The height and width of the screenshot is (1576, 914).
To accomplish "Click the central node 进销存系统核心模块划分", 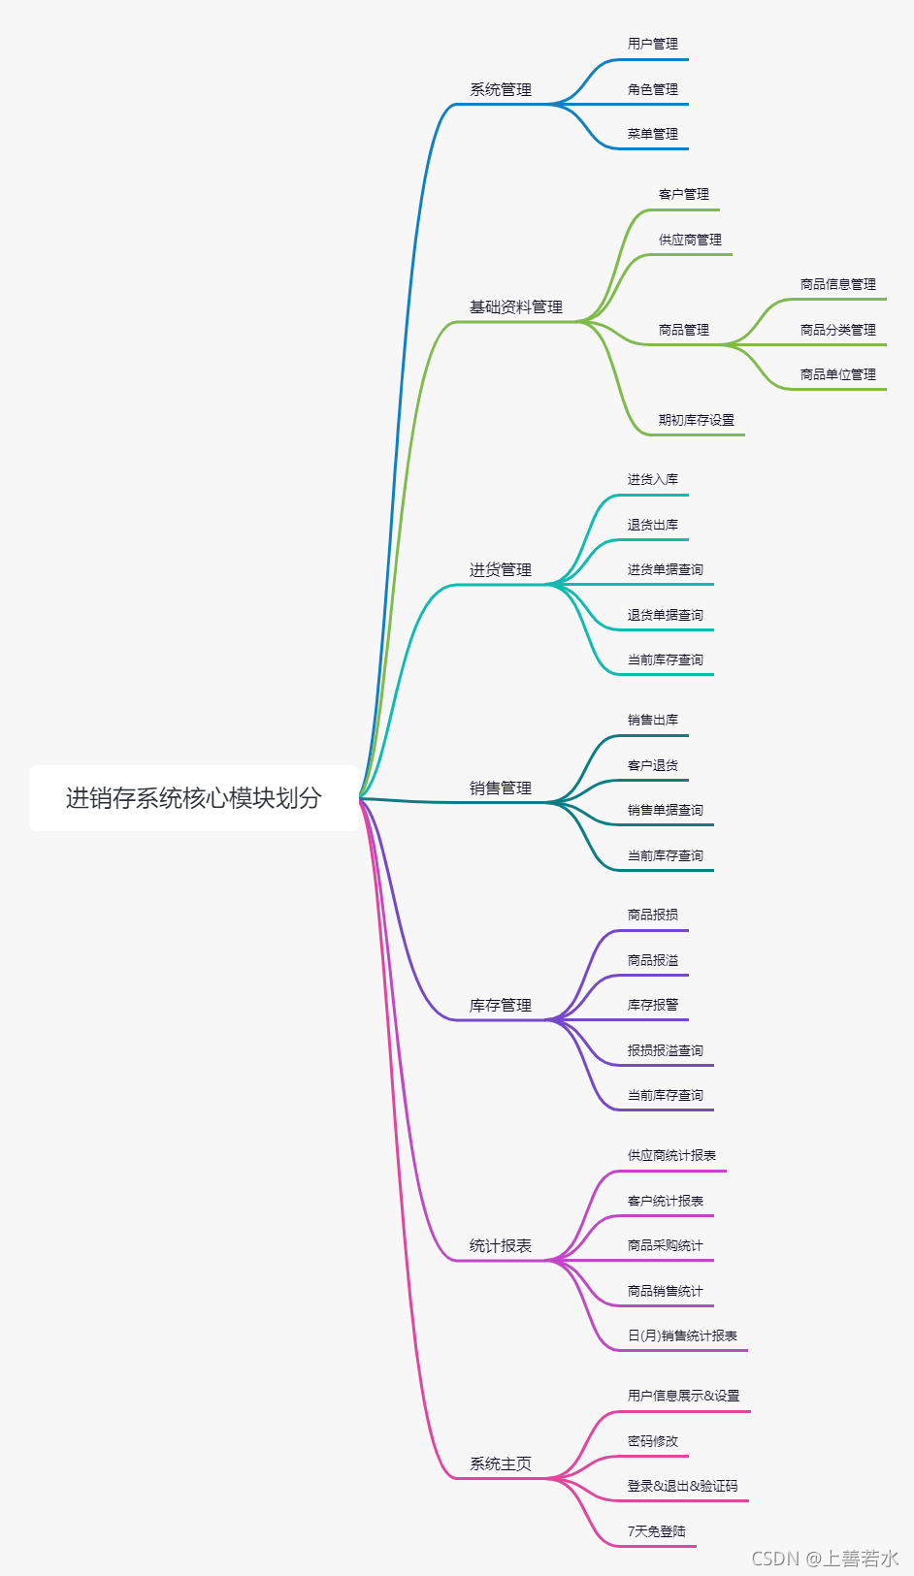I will click(193, 798).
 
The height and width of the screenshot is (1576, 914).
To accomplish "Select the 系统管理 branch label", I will click(501, 90).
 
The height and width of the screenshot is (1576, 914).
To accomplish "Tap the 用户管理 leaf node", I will click(652, 45).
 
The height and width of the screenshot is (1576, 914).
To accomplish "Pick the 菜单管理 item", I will click(652, 135).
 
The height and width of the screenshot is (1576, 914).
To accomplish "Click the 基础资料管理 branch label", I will click(516, 307).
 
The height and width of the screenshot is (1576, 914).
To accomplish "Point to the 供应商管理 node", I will click(690, 241).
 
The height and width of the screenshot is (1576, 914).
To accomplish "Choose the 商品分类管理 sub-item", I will click(837, 331).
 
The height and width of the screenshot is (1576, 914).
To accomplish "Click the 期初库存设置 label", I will click(696, 421).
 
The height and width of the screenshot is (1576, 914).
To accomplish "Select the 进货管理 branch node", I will click(501, 570).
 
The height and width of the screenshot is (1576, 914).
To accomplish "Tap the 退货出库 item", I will click(652, 526).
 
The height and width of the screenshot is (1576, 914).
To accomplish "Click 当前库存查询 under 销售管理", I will click(665, 856).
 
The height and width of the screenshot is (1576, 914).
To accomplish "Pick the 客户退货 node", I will click(652, 766).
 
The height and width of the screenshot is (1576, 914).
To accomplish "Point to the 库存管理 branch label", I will click(501, 1006).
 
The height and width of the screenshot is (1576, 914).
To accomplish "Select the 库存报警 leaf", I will click(652, 1006).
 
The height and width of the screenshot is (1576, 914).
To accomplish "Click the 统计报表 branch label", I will click(501, 1246).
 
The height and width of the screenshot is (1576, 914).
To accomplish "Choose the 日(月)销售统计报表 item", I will click(682, 1336).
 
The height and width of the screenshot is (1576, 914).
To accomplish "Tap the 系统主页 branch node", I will click(501, 1464).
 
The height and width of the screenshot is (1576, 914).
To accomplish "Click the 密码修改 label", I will click(652, 1442).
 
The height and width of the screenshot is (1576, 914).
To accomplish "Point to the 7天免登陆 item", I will click(656, 1532).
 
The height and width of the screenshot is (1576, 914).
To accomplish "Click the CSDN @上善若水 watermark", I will click(825, 1559).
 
